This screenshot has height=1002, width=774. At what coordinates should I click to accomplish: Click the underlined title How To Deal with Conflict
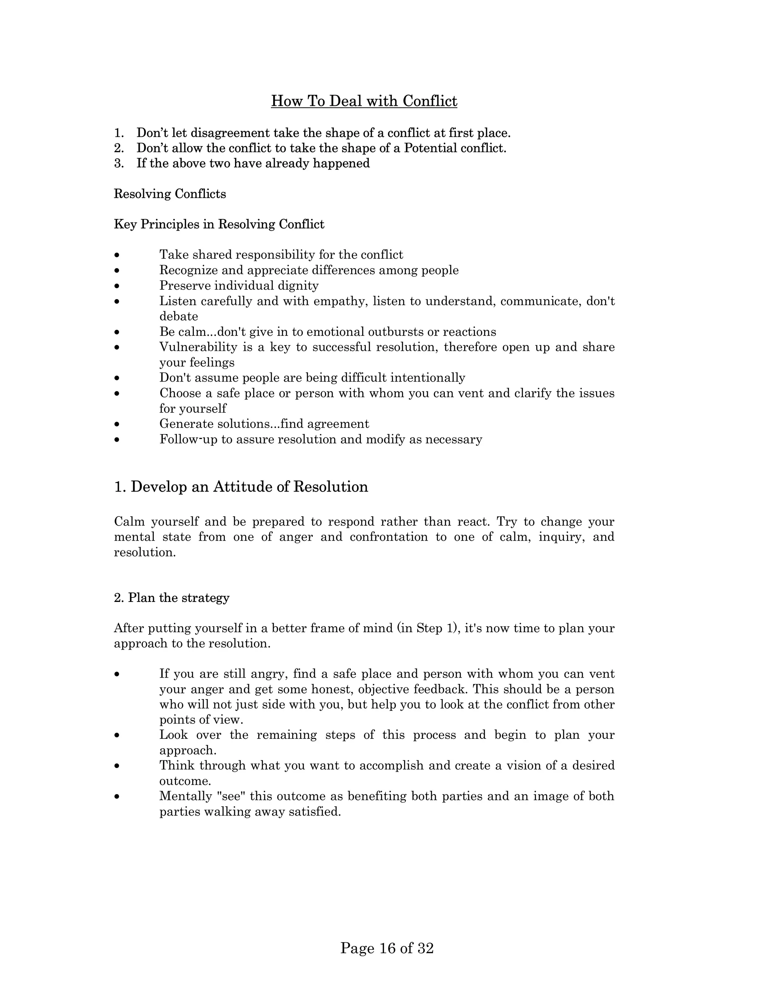click(364, 101)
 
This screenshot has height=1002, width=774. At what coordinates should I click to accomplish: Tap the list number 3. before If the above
click(119, 163)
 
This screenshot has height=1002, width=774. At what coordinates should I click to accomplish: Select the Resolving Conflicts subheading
click(170, 194)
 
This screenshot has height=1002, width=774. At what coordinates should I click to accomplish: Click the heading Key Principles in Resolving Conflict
click(219, 224)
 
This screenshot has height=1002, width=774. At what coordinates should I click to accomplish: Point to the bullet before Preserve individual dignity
click(118, 286)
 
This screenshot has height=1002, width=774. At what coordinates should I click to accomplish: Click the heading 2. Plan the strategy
click(172, 598)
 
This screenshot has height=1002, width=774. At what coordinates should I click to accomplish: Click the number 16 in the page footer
click(387, 948)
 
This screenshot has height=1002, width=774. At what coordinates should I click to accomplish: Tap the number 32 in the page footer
click(426, 948)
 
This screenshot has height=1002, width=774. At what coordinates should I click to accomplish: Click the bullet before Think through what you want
click(118, 766)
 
